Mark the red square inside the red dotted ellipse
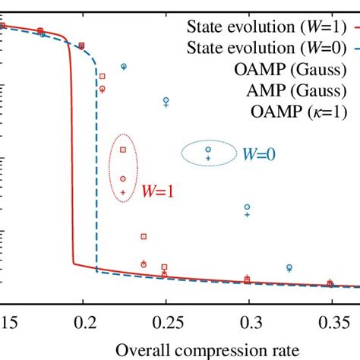[123, 150]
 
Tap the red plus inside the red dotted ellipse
[123, 193]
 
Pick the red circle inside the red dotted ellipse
[123, 179]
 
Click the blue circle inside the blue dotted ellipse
[209, 150]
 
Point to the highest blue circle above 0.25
[166, 100]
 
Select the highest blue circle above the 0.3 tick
[247, 207]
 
